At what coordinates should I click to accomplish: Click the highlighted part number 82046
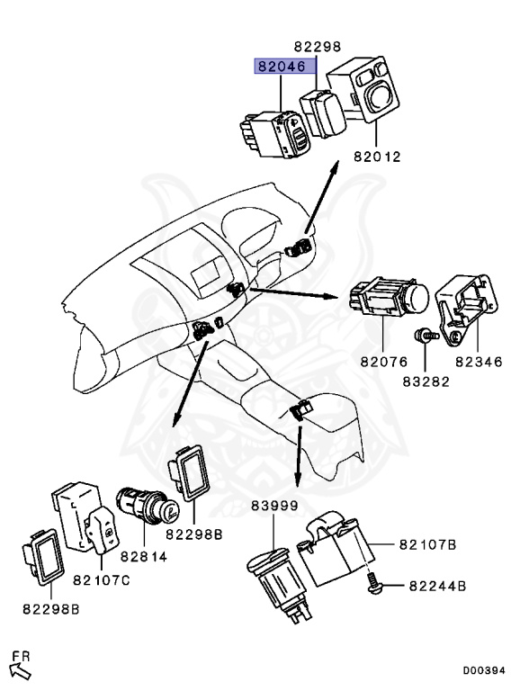coord(282,67)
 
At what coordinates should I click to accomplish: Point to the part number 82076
coord(384,362)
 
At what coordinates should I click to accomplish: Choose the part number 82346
coord(476,362)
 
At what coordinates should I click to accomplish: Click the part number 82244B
coord(436,586)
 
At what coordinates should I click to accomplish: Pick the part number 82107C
coord(102,580)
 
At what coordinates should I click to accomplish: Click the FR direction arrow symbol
coord(20,668)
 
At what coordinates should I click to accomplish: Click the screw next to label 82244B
coord(377,586)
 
